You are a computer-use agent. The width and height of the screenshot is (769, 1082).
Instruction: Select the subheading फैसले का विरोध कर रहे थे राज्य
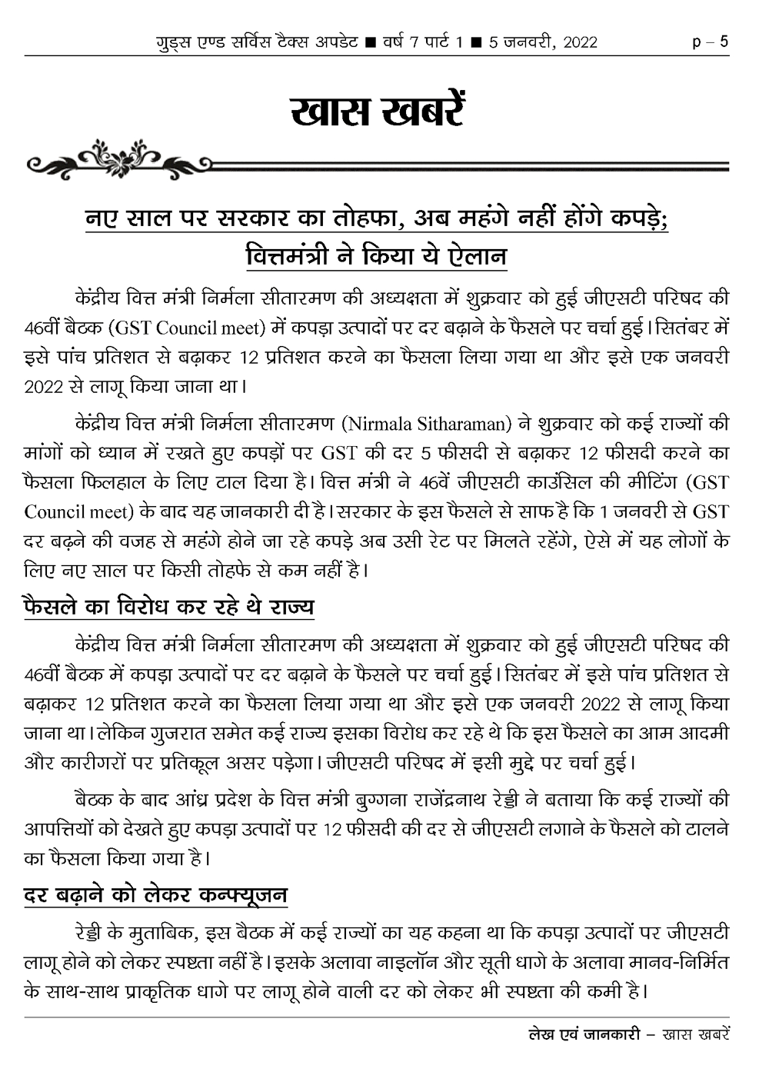(x=169, y=606)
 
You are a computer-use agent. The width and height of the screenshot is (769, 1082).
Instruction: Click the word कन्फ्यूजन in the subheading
(x=242, y=894)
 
